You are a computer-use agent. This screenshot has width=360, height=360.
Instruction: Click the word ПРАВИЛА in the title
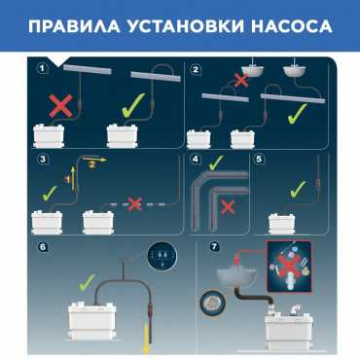click(74, 26)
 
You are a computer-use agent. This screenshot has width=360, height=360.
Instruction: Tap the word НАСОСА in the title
click(292, 26)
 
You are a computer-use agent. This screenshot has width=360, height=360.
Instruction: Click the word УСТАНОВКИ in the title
click(185, 26)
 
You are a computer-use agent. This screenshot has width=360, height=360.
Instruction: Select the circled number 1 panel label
click(42, 69)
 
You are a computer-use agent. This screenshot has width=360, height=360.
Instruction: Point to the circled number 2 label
click(196, 69)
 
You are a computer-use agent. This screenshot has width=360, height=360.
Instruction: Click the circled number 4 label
click(196, 160)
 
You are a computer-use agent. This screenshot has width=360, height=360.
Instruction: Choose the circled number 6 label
click(43, 247)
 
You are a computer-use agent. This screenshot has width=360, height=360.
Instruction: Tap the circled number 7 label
click(214, 246)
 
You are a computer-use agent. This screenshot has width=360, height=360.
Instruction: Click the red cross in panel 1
click(61, 105)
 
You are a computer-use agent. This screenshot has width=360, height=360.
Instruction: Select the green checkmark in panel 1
click(133, 105)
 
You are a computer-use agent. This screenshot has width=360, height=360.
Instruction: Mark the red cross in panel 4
click(228, 207)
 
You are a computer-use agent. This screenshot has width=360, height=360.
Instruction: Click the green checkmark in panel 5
click(298, 189)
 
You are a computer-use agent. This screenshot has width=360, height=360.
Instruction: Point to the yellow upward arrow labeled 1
click(74, 178)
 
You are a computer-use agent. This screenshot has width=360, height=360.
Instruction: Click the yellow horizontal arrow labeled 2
click(94, 160)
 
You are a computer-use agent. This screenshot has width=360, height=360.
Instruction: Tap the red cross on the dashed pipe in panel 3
click(135, 203)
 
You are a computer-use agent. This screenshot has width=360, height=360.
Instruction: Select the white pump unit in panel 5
click(282, 223)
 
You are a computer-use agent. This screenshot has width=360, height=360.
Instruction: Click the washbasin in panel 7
click(235, 277)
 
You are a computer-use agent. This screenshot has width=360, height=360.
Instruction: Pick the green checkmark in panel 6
click(87, 282)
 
